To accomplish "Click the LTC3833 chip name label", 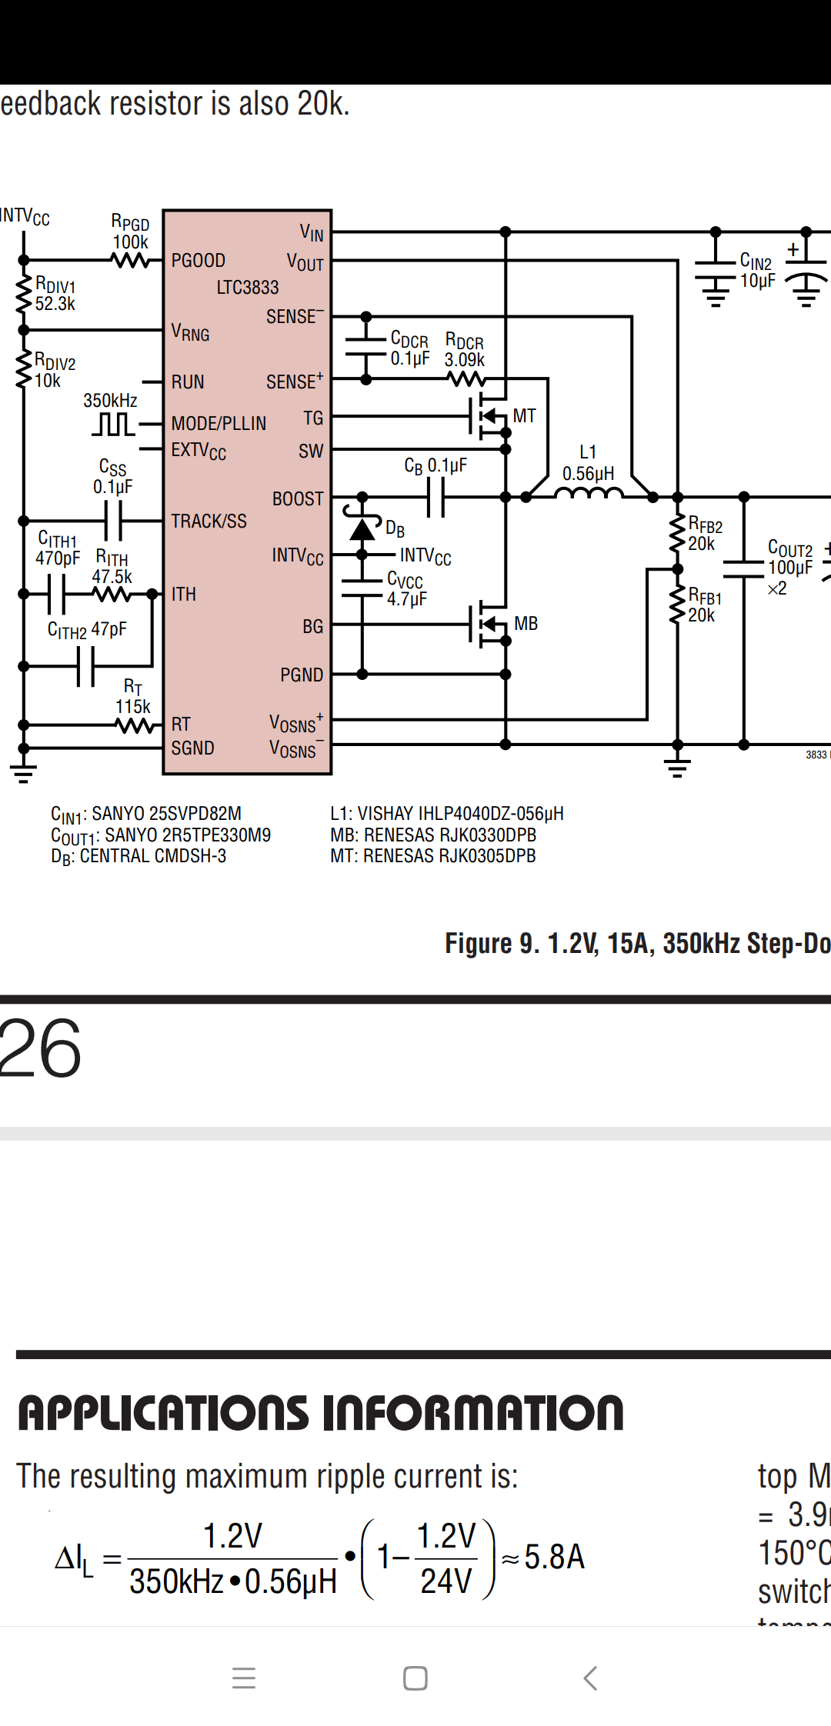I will pos(247,288).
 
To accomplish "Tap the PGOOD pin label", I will pos(199,261).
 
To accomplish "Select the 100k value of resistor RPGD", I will pos(130,242).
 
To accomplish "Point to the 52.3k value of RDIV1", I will pos(55,304).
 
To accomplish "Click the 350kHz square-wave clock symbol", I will pos(113,424).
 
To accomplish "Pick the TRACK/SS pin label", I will pos(209,521).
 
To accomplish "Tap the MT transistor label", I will pos(524,416).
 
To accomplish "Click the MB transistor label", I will pos(526,624).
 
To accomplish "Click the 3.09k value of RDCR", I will pos(465,360).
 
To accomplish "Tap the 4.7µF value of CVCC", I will pos(406,599).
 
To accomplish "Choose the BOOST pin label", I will pos(298,499).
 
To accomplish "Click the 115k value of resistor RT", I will pos(133,707).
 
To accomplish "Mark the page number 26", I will pos(40,1048).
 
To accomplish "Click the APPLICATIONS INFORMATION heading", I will pos(320,1414).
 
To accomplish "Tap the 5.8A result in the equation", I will pos(554,1557).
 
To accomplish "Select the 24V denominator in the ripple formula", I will pos(446,1581).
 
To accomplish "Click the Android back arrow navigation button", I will pos(590,1678).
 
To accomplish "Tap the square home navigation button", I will pos(415,1678).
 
